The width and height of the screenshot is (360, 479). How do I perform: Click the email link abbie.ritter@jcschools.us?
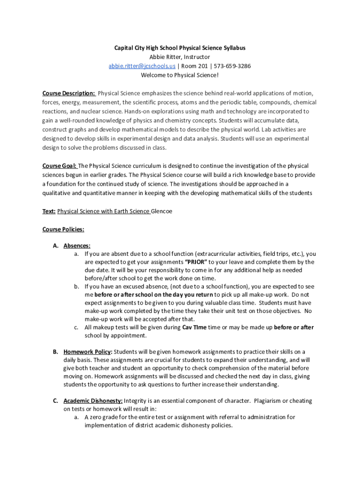142,66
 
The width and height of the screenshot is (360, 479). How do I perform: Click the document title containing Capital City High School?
180,48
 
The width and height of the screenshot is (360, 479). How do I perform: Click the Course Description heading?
69,93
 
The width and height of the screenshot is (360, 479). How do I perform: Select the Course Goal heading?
59,166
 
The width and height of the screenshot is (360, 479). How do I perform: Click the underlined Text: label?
49,211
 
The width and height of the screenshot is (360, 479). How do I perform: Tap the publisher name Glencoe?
162,211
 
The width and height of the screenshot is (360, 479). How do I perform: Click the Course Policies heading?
63,230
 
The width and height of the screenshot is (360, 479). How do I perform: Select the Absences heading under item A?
77,246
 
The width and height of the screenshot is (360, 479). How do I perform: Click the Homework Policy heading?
87,352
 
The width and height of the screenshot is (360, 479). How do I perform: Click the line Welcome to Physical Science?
180,75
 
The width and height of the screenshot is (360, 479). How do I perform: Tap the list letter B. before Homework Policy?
55,352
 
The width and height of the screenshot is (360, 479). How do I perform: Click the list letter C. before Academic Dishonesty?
55,401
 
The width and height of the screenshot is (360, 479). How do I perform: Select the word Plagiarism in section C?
270,401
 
